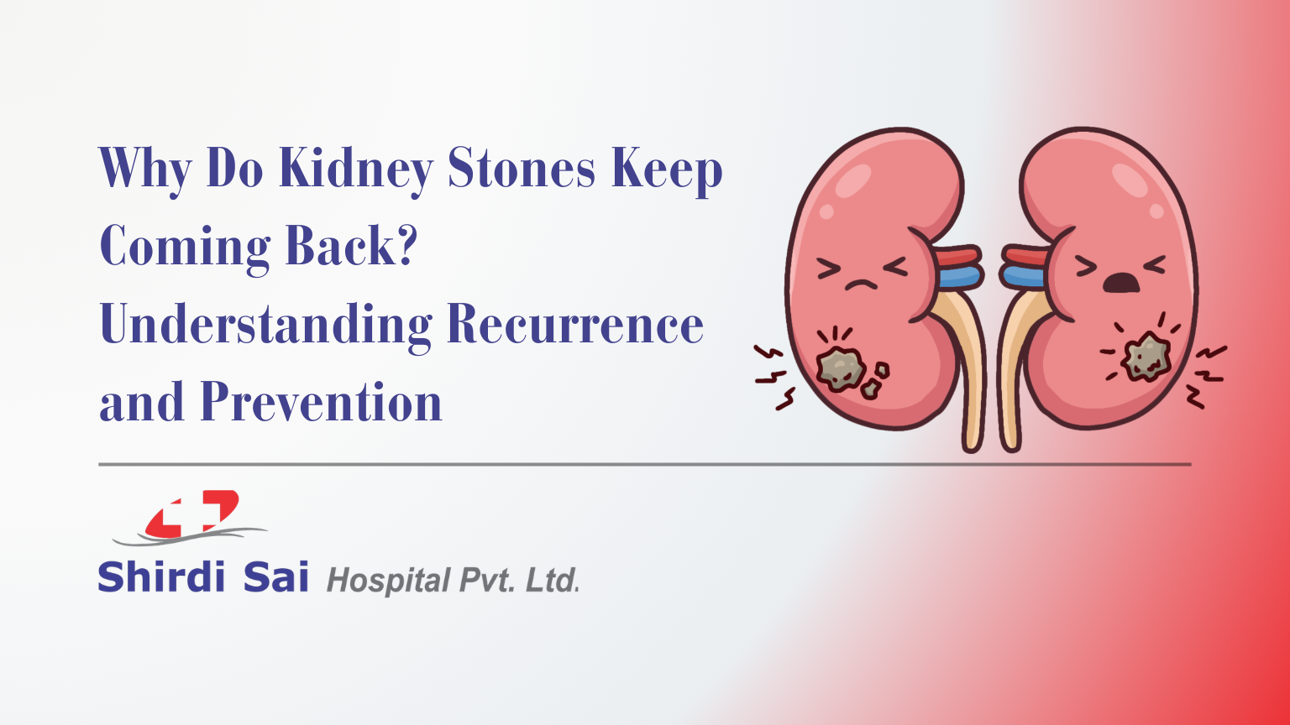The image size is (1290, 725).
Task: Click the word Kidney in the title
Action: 355,169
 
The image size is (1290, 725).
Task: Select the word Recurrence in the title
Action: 574,325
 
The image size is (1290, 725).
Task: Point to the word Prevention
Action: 321,402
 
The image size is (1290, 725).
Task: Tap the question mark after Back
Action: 406,246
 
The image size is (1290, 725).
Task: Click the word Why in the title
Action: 145,170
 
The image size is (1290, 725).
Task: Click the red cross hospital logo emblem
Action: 192,514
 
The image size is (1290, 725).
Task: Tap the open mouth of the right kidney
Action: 1120,283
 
